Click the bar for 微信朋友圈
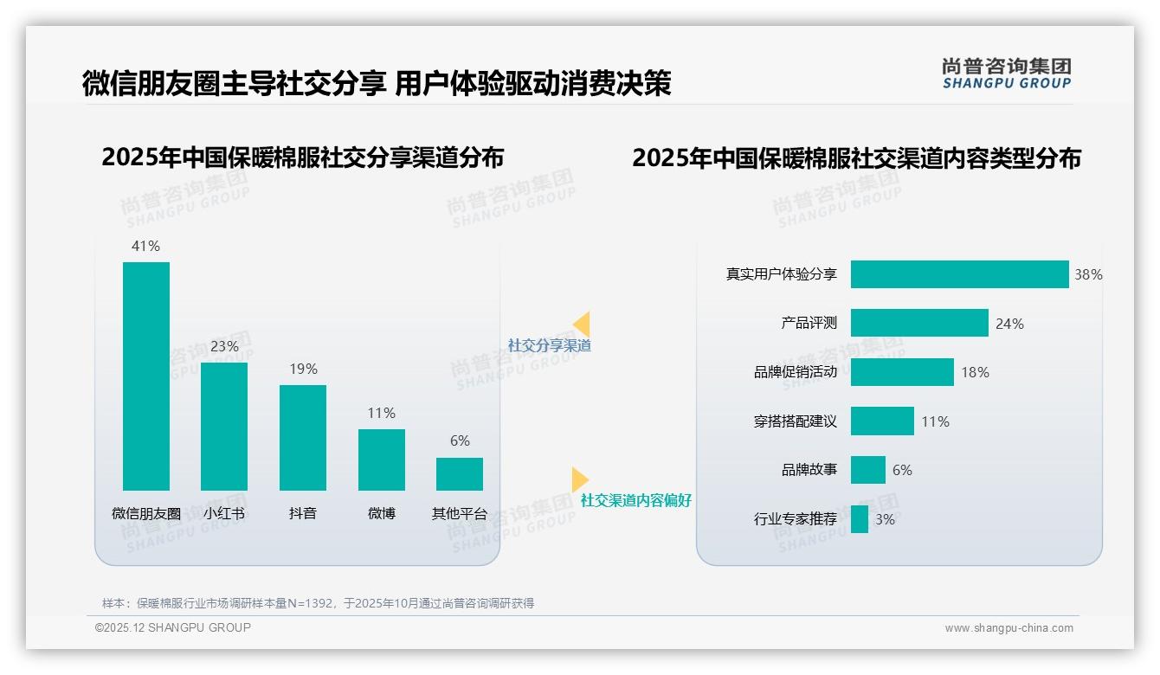tap(146, 376)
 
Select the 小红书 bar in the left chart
tap(224, 427)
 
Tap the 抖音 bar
tap(303, 438)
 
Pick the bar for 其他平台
tap(460, 474)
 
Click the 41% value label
tap(145, 246)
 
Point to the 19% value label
tap(303, 369)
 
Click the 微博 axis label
tap(381, 513)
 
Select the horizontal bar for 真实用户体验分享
tap(959, 274)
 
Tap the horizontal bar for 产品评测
tap(919, 323)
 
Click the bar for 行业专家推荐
tap(860, 519)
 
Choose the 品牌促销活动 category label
tap(796, 372)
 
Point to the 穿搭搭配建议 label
tap(796, 421)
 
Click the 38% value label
tap(1088, 274)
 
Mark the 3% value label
tap(885, 519)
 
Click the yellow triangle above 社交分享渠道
tap(582, 325)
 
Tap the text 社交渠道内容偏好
tap(635, 500)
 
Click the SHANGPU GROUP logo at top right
tap(1006, 74)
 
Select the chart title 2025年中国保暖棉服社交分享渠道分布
tap(303, 157)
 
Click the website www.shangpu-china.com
tap(1009, 628)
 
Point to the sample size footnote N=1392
tap(318, 603)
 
